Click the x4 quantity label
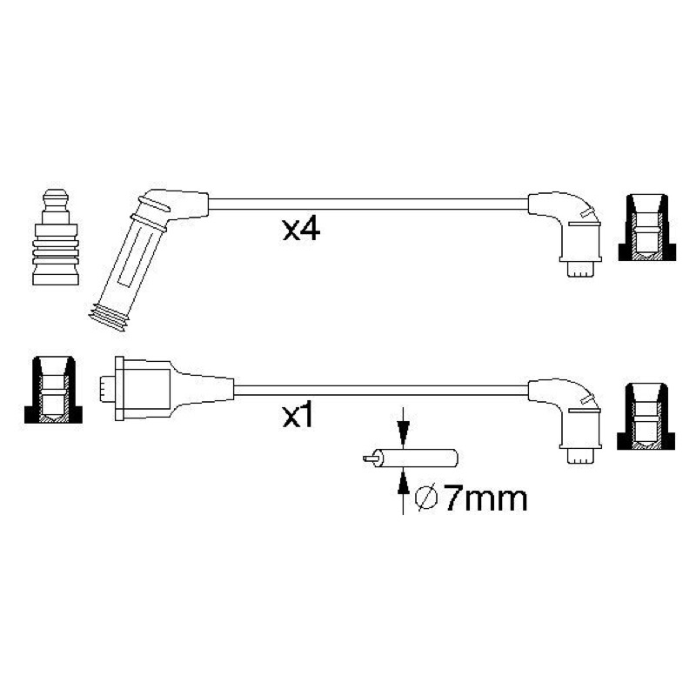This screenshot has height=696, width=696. tap(301, 230)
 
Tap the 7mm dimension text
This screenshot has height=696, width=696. tap(486, 499)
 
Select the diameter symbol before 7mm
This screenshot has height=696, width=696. tap(426, 499)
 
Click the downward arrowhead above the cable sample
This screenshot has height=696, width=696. tap(403, 433)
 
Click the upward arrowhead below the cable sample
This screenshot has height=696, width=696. tap(403, 483)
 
